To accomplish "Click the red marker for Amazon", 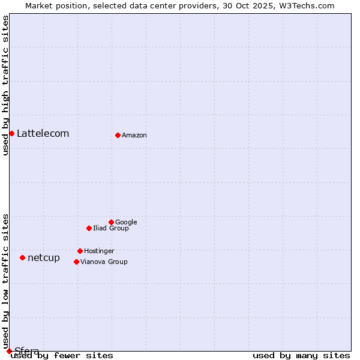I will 118,135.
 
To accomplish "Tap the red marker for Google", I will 111,222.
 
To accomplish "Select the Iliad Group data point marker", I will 89,228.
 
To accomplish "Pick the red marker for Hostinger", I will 80,251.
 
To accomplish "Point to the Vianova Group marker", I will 76,262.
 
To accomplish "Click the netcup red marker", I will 22,257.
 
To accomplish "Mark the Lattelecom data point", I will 11,133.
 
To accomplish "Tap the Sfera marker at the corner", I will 9,351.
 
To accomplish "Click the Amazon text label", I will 134,136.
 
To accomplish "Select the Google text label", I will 126,223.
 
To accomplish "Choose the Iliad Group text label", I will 111,229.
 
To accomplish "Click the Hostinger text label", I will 99,251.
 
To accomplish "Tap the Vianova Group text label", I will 104,262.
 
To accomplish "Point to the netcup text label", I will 44,258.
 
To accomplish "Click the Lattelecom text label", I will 43,134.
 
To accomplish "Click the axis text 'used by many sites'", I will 301,356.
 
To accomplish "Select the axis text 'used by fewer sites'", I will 62,356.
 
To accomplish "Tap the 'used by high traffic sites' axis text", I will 5,85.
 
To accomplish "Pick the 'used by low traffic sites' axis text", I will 5,281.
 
